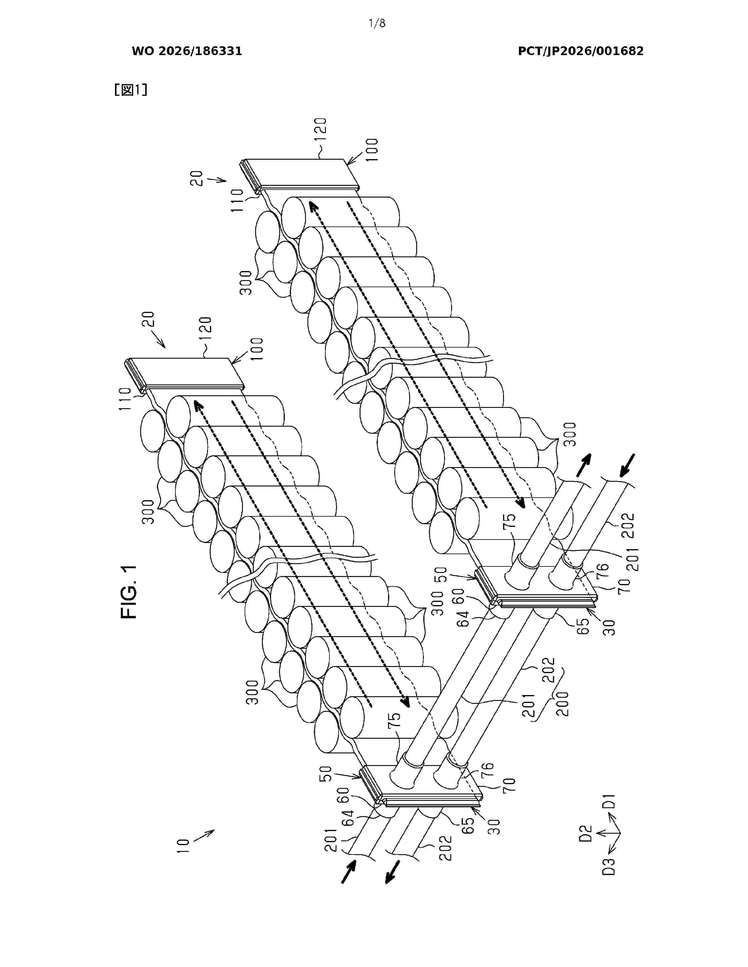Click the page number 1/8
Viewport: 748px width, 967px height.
tap(377, 23)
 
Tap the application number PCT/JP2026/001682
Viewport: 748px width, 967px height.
tap(581, 51)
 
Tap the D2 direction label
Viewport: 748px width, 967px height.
tap(585, 834)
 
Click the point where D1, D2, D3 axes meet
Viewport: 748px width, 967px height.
tap(620, 834)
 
